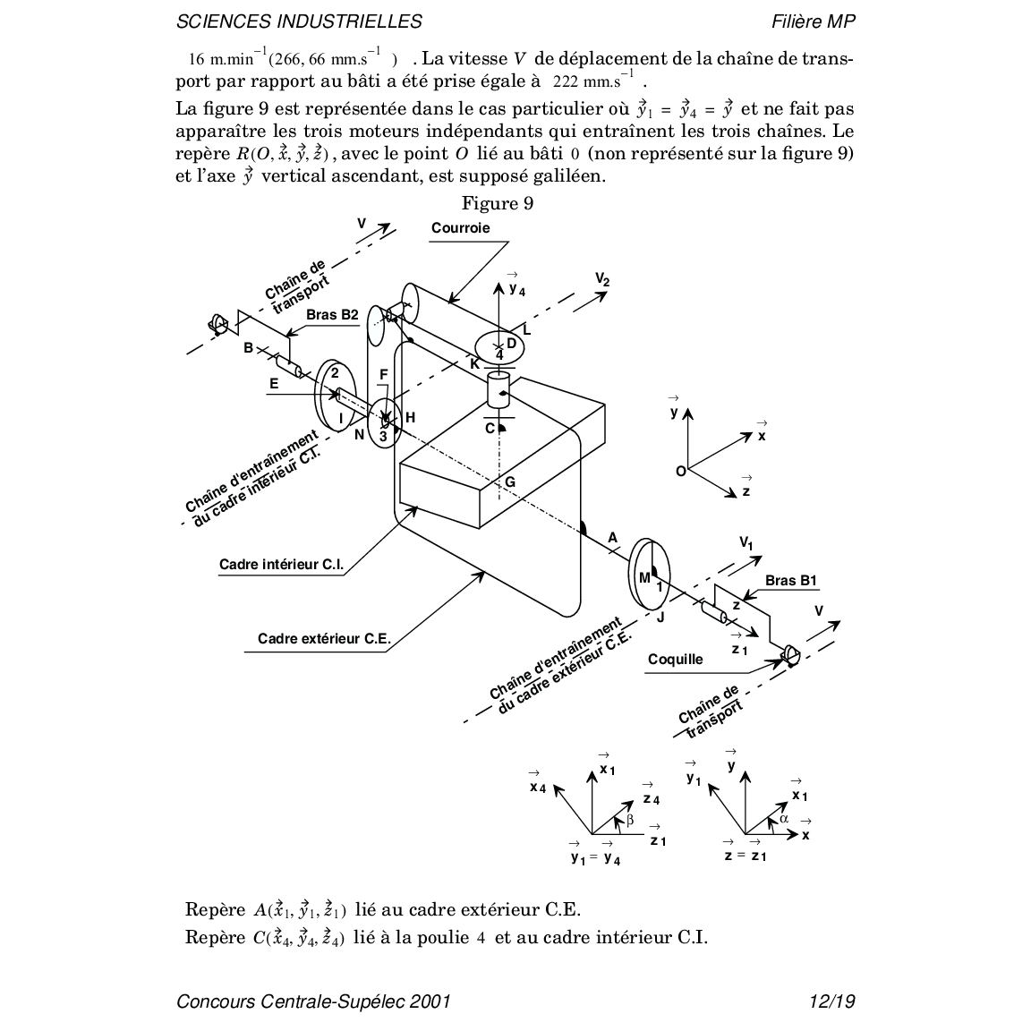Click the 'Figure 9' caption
(x=498, y=204)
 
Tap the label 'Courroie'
(x=460, y=227)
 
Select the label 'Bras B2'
(x=332, y=314)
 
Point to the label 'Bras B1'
(x=790, y=580)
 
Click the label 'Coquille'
(x=676, y=660)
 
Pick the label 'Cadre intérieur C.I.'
(x=281, y=565)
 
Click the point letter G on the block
(x=510, y=482)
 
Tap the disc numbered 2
(x=333, y=396)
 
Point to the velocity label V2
(x=602, y=279)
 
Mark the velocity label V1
(x=746, y=542)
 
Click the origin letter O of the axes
(x=680, y=471)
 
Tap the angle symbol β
(x=630, y=819)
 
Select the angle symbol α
(x=784, y=818)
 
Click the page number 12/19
(x=831, y=1001)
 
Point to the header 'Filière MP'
(x=813, y=21)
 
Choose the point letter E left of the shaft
(x=274, y=383)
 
